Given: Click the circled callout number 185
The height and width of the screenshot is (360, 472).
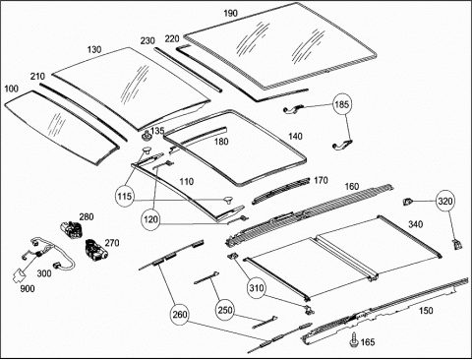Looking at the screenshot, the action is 342,104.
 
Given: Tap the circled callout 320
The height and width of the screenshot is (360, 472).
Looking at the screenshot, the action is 445,202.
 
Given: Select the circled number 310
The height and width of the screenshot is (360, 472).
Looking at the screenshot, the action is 257,288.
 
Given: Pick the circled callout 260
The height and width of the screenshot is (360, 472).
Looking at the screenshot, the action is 180,315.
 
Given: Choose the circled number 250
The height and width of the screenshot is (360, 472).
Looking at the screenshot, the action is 225,310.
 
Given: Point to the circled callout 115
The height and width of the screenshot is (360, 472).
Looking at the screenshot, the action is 125,197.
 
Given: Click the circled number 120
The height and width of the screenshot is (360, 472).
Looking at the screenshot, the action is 150,219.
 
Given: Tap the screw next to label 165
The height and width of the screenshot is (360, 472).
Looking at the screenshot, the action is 354,339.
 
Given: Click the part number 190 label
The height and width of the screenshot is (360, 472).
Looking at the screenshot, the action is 230,14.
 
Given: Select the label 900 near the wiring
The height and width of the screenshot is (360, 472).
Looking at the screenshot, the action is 28,288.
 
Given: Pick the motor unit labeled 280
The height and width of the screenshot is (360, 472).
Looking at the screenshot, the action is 73,228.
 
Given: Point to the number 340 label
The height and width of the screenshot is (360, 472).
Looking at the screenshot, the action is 415,224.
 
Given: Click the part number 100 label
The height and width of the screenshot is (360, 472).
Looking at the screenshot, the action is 12,89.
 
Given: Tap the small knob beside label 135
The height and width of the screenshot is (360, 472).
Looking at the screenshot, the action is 147,135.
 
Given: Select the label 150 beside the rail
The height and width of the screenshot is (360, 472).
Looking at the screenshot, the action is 426,310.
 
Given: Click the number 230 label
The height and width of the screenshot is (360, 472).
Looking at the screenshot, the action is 147,41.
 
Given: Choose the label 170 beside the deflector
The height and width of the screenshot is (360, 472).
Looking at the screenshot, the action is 321,180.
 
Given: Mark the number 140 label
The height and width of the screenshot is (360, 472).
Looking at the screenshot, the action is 295,136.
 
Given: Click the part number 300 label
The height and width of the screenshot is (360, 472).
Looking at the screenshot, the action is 44,273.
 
